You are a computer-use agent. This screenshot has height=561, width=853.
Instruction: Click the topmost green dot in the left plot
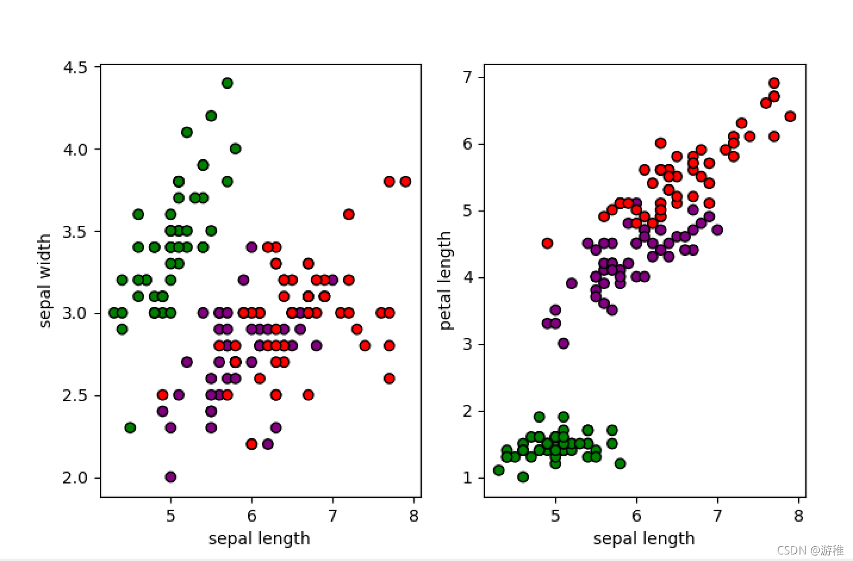[x=227, y=83]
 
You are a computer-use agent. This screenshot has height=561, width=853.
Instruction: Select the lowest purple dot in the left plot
[x=170, y=476]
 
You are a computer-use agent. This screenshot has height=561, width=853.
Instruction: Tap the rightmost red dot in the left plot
[x=405, y=181]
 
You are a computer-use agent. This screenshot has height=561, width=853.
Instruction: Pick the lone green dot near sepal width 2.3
[x=130, y=427]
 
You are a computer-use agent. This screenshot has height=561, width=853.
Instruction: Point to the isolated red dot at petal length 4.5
[x=547, y=243]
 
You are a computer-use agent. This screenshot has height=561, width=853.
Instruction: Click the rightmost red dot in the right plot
[x=790, y=116]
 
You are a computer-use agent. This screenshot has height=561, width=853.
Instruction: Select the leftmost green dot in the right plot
[x=499, y=470]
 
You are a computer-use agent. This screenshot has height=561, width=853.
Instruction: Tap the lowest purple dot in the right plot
[x=564, y=343]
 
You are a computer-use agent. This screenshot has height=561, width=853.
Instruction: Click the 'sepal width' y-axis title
[x=45, y=281]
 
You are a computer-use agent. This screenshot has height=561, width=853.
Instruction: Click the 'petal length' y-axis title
[x=445, y=281]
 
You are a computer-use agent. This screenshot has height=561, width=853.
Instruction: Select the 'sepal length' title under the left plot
[x=259, y=539]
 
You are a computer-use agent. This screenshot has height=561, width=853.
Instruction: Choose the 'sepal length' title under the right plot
[x=644, y=539]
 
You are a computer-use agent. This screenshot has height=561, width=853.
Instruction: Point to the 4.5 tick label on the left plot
[x=75, y=67]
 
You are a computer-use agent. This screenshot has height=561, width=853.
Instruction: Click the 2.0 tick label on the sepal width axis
[x=75, y=478]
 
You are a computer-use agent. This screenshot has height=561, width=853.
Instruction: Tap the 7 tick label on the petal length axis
[x=468, y=77]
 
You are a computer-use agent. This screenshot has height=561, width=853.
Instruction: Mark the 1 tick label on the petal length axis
[x=468, y=478]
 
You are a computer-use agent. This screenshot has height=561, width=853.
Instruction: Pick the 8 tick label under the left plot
[x=413, y=516]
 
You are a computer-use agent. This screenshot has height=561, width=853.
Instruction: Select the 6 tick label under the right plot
[x=636, y=516]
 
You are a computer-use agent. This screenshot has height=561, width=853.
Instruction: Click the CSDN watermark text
[x=810, y=550]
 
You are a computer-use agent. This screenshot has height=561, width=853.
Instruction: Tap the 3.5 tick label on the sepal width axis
[x=75, y=231]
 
